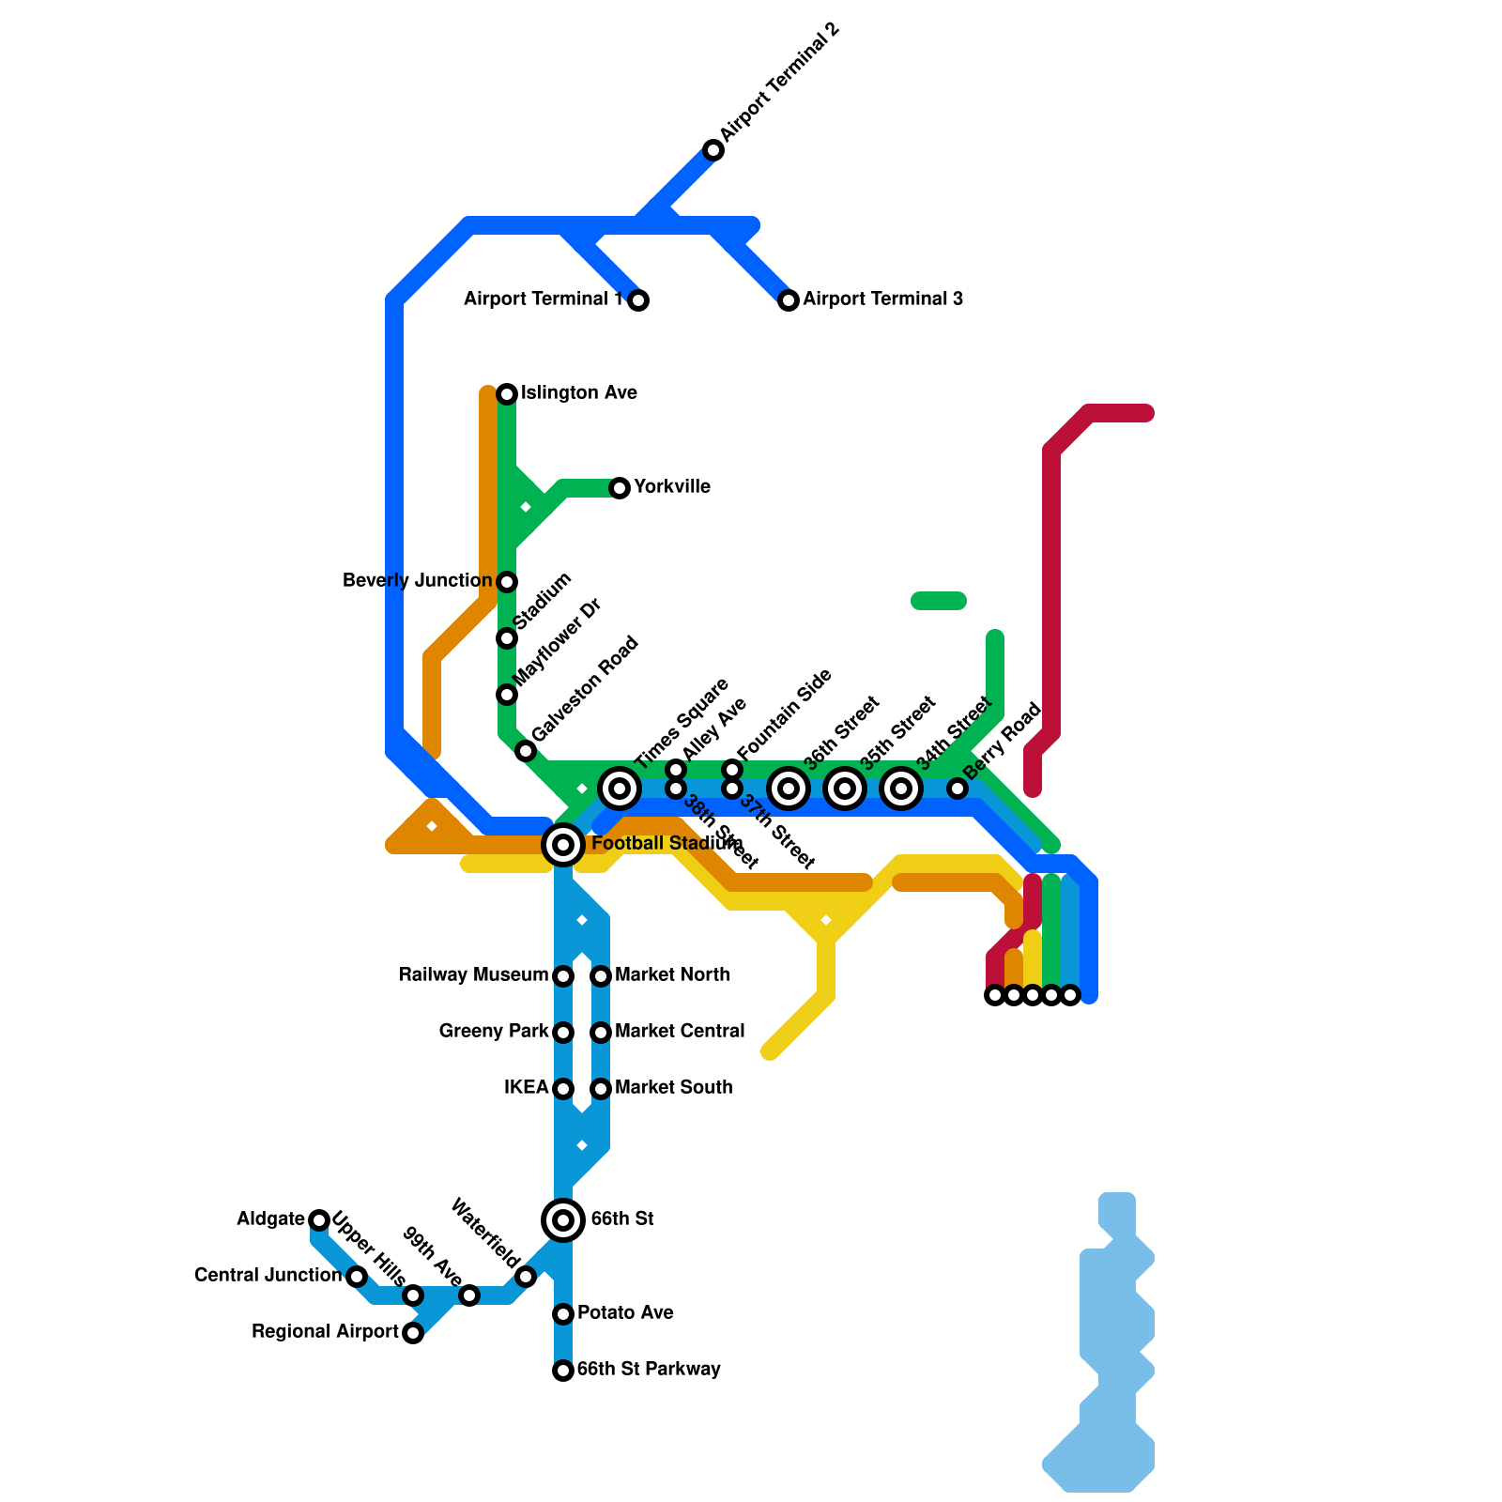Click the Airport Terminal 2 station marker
tap(713, 150)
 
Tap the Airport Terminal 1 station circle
tap(638, 300)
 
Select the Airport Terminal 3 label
tap(882, 299)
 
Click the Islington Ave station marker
tap(507, 393)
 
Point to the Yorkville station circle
tap(620, 488)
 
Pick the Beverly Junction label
tap(417, 581)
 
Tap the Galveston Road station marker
tap(526, 751)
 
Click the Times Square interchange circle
tap(620, 789)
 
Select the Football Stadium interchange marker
tap(563, 845)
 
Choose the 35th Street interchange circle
tap(845, 789)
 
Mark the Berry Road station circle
tap(957, 789)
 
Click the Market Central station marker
tap(601, 1033)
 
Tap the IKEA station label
tap(526, 1088)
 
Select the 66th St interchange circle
tap(563, 1220)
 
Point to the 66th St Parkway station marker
tap(563, 1371)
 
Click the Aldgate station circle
tap(319, 1220)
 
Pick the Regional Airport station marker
tap(413, 1333)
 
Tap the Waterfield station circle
tap(526, 1277)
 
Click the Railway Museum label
tap(473, 975)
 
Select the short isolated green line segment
tap(939, 601)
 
